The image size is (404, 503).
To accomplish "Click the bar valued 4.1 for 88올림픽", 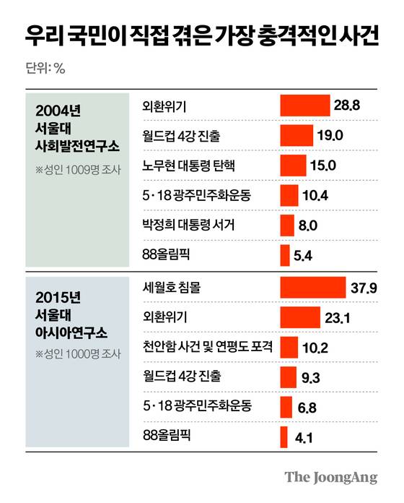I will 282,436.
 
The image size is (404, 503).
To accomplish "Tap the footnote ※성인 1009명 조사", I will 78,171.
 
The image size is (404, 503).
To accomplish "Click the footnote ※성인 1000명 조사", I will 78,355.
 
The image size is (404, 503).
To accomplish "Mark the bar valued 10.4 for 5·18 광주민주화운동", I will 289,195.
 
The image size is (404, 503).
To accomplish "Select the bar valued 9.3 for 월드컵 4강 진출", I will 287,377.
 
